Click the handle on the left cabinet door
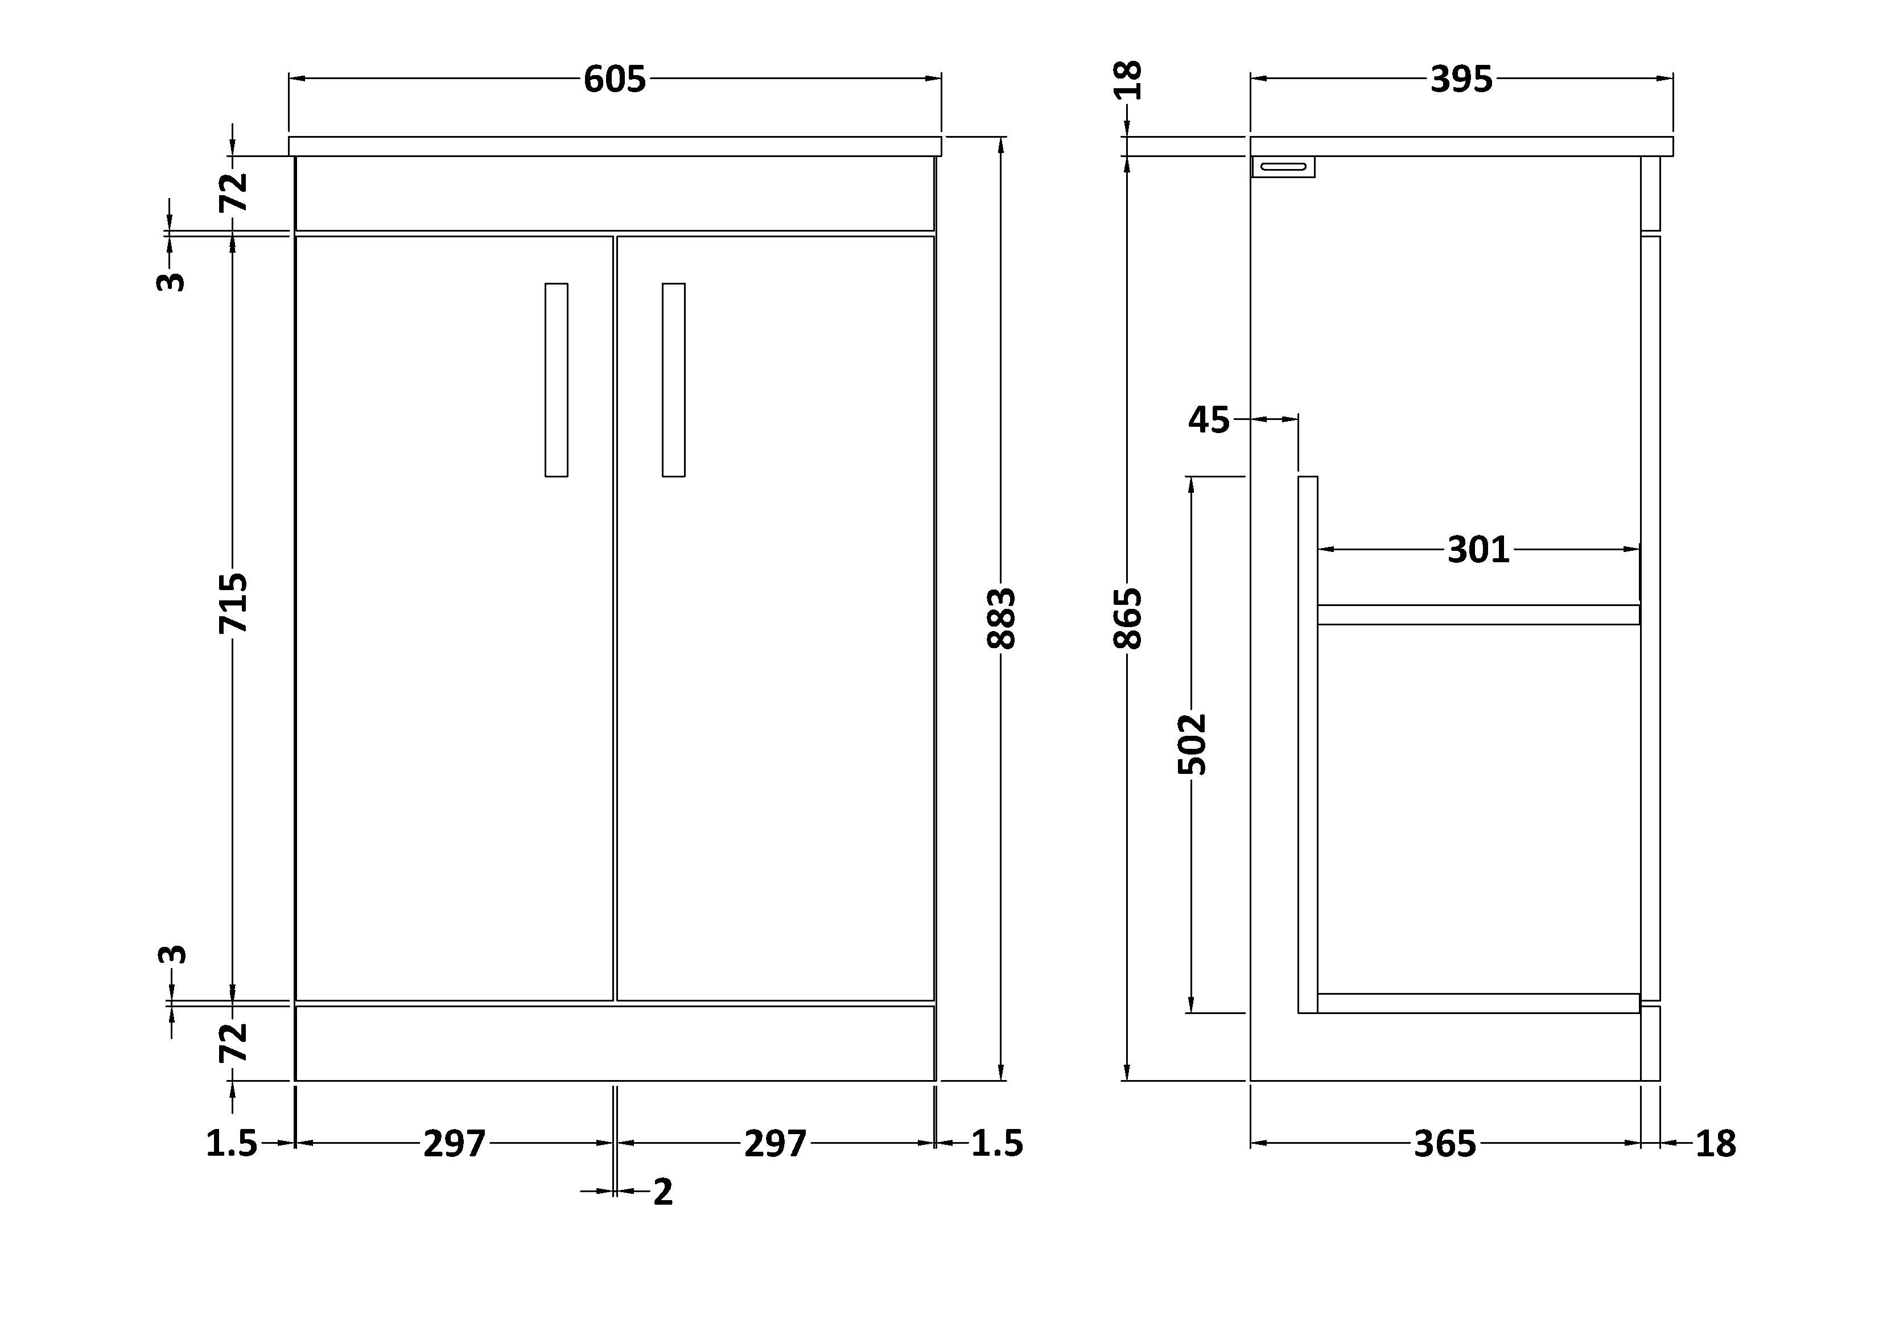pos(556,380)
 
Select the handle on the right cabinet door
pos(673,380)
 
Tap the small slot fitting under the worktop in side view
pos(1283,167)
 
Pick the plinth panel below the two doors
pos(615,1043)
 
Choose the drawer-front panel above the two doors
pos(615,193)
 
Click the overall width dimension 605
pos(615,80)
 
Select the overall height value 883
pos(1002,619)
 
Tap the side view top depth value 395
pos(1461,80)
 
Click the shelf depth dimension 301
pos(1478,550)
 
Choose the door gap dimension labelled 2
pos(662,1192)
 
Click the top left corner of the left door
pos(296,236)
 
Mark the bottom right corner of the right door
pos(935,1000)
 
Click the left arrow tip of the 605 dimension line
pos(290,79)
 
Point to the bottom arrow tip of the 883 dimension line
pos(1000,1080)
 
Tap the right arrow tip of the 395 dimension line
pos(1672,79)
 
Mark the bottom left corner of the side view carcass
pos(1251,1080)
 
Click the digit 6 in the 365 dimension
pos(1445,1143)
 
